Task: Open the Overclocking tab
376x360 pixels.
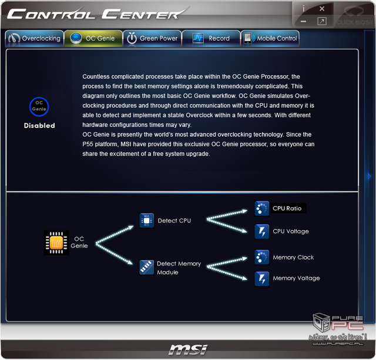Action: pyautogui.click(x=34, y=38)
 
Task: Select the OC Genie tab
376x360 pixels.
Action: pyautogui.click(x=93, y=38)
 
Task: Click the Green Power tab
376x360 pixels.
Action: pyautogui.click(x=152, y=38)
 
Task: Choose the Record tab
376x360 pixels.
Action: pyautogui.click(x=211, y=38)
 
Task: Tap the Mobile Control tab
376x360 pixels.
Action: pyautogui.click(x=270, y=38)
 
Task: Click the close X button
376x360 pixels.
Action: pyautogui.click(x=322, y=9)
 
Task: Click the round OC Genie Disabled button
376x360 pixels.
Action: pyautogui.click(x=39, y=107)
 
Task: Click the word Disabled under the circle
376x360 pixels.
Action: pyautogui.click(x=39, y=125)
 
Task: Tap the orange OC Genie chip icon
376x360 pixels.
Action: pyautogui.click(x=56, y=243)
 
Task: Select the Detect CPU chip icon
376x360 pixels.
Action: pyautogui.click(x=147, y=220)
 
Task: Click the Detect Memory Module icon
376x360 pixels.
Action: pyautogui.click(x=147, y=267)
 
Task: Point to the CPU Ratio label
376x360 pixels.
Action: pyautogui.click(x=287, y=208)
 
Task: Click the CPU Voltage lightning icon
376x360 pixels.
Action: pyautogui.click(x=262, y=231)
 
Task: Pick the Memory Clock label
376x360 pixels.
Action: pyautogui.click(x=293, y=257)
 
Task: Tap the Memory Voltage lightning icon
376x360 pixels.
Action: pyautogui.click(x=262, y=279)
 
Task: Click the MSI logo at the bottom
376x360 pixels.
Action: pyautogui.click(x=188, y=349)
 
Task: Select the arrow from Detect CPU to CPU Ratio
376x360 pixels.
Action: pyautogui.click(x=227, y=215)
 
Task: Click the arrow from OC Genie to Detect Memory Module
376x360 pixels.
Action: pyautogui.click(x=114, y=254)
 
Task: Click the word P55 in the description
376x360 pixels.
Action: pyautogui.click(x=88, y=144)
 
